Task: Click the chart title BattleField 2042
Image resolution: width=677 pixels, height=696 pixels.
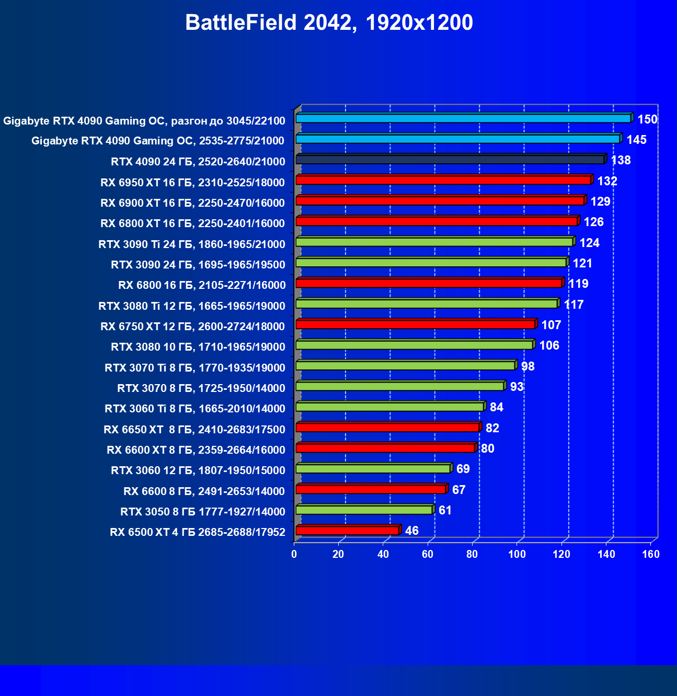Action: (x=329, y=23)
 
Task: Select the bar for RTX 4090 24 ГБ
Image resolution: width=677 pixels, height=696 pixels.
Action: (x=450, y=160)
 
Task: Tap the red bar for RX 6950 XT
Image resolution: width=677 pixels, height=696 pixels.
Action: (x=443, y=180)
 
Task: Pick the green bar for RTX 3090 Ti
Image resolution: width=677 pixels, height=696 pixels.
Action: (x=434, y=242)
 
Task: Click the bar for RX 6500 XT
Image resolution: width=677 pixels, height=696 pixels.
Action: (x=348, y=531)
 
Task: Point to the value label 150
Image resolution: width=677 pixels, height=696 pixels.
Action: (x=647, y=119)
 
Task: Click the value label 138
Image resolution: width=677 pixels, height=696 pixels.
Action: (x=621, y=160)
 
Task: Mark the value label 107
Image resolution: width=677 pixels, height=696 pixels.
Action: (x=551, y=325)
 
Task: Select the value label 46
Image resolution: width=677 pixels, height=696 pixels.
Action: (x=412, y=531)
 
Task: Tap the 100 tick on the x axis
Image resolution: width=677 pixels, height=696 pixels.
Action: (x=517, y=555)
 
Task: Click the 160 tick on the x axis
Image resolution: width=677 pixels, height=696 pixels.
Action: (x=651, y=555)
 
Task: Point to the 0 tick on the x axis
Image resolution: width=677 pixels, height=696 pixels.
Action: (x=294, y=555)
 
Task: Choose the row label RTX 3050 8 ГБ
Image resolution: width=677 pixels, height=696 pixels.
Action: (x=203, y=512)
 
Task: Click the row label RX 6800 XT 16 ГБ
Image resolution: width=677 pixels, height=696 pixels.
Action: (x=192, y=223)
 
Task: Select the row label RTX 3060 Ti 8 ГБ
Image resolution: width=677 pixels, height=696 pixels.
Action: (x=195, y=409)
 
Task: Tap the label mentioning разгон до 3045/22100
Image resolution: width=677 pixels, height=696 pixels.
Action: (x=144, y=121)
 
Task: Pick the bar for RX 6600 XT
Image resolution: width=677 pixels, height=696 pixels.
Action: (x=385, y=448)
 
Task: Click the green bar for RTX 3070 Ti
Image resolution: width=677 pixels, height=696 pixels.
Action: (x=406, y=365)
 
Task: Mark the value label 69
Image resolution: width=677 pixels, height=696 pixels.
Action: (x=463, y=469)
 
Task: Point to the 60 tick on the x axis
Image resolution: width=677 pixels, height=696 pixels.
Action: (x=428, y=555)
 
